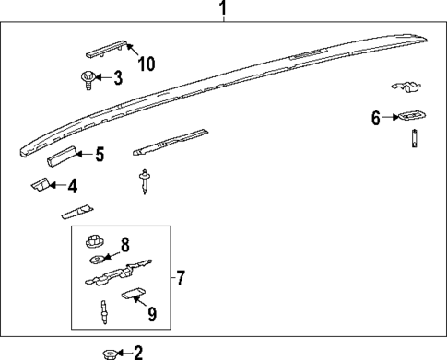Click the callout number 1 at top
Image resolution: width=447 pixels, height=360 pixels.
click(222, 10)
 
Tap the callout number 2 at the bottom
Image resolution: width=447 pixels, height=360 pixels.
click(138, 352)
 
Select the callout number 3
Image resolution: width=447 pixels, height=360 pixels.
click(116, 78)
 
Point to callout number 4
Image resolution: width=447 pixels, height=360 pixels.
click(71, 186)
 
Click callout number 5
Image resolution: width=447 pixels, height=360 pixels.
click(100, 155)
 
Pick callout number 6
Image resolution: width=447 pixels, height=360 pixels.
click(376, 117)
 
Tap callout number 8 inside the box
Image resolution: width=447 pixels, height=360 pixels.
click(126, 245)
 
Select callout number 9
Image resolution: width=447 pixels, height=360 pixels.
click(151, 314)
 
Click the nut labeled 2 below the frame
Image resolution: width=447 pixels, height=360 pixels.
click(109, 352)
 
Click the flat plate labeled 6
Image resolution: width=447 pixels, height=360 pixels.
click(411, 117)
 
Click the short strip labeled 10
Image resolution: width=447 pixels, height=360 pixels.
click(106, 49)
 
